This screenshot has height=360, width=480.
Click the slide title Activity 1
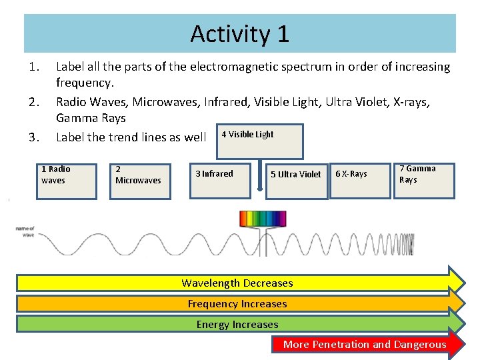239,33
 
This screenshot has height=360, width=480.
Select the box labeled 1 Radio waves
67,181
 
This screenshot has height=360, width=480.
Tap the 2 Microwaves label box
140,181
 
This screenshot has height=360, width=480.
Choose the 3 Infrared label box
220,180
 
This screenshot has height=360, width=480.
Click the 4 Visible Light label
247,134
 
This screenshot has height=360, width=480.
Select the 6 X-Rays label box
360,180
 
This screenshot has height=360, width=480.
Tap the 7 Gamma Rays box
425,180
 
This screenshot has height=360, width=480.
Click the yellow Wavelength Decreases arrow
237,283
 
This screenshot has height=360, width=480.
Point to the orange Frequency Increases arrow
237,304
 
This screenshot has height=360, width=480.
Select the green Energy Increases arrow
237,325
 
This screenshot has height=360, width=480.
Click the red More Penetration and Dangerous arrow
365,345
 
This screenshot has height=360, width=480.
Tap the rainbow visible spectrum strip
263,219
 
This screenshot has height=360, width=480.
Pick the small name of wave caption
25,231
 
